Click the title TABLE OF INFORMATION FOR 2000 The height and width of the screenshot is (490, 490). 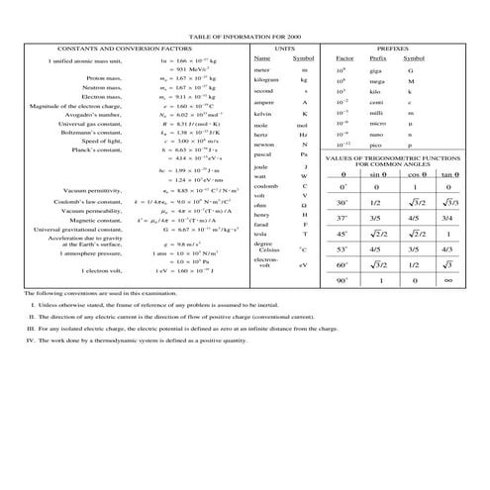245,37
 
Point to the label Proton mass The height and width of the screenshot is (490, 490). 104,76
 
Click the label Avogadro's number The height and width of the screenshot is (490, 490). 93,115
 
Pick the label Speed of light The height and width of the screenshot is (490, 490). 101,142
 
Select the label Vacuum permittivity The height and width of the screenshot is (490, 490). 91,189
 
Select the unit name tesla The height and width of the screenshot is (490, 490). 260,233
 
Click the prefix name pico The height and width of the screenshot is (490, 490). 364,146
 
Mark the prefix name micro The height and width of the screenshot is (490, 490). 366,124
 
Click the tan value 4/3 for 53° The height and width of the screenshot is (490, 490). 447,250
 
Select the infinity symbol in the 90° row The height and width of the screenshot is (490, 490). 447,281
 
